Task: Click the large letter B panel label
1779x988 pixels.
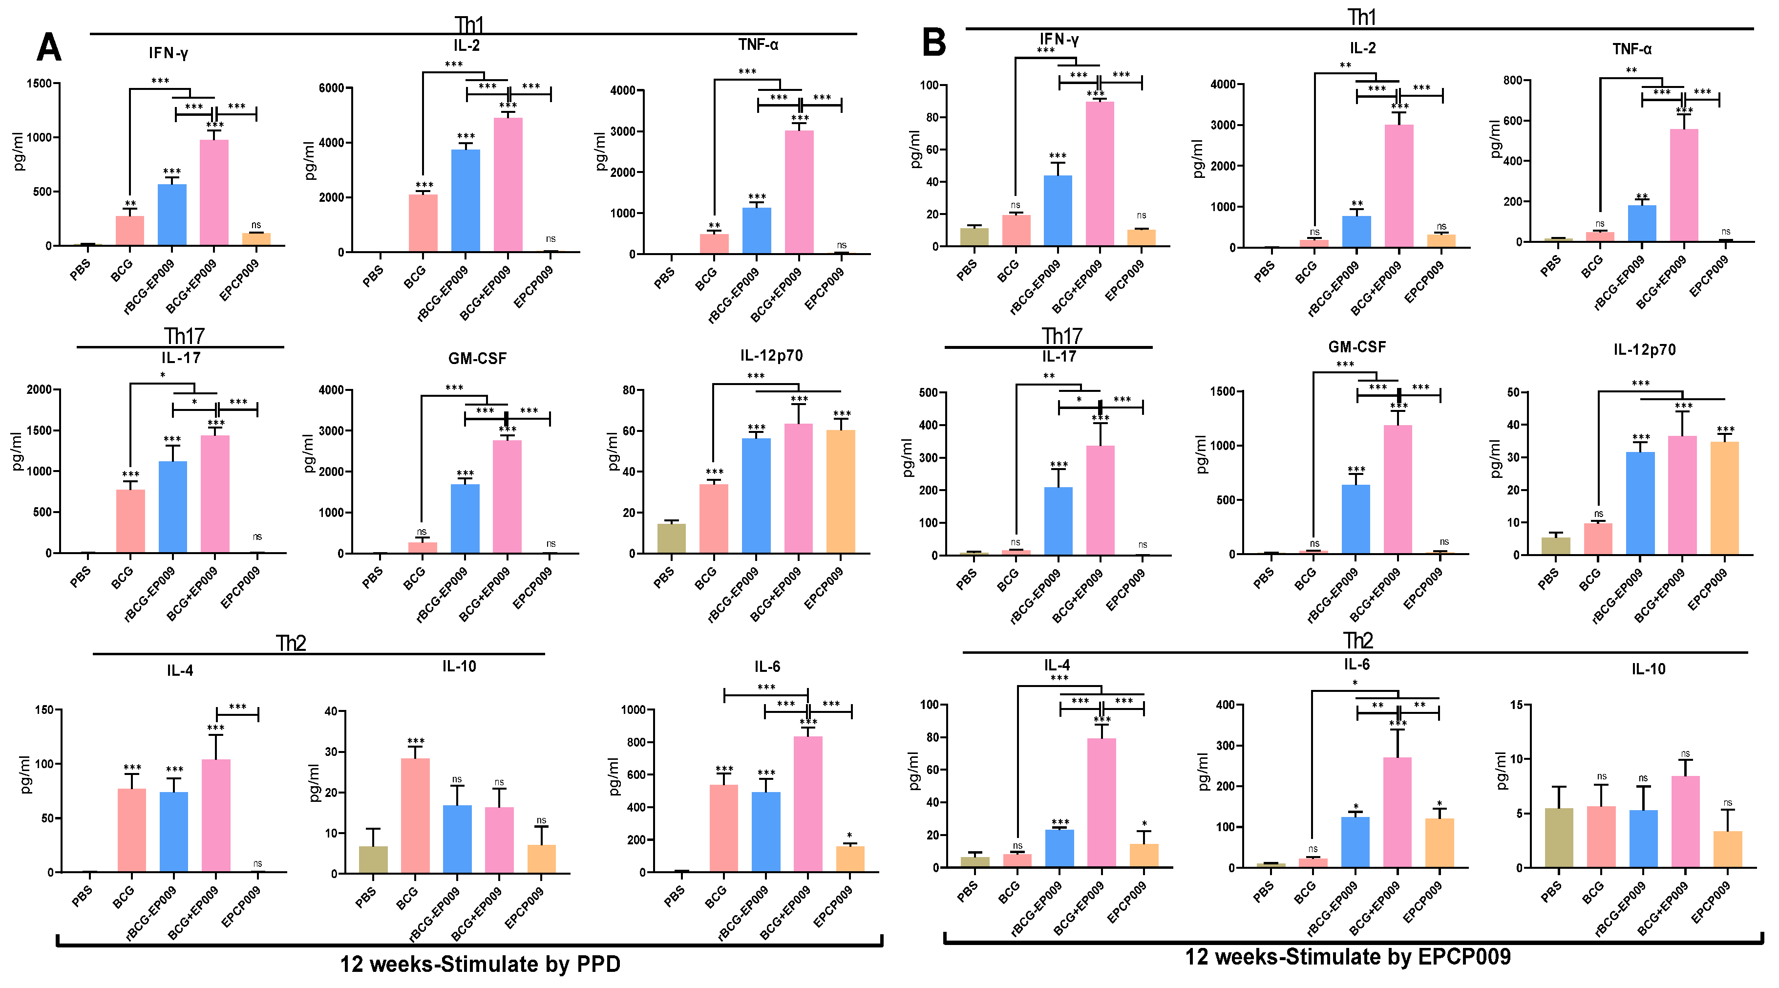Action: tap(933, 43)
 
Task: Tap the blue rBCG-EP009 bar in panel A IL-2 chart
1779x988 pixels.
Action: tap(466, 200)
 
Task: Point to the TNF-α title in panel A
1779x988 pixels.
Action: tap(758, 45)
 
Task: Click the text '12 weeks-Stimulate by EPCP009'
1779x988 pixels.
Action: tap(1347, 956)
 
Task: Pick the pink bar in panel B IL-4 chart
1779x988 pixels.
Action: tap(1101, 801)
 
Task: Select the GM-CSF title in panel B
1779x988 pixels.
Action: tap(1356, 347)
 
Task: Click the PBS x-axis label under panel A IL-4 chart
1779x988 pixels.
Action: tap(82, 896)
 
